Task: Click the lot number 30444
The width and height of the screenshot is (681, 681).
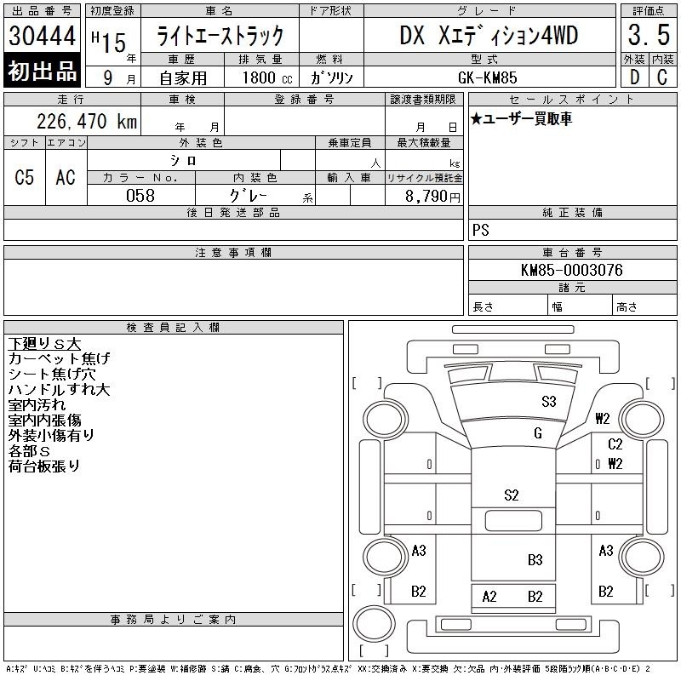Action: tap(42, 36)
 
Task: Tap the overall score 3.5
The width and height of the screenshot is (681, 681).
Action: tap(649, 35)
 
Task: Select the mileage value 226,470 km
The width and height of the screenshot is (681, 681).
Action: tap(87, 122)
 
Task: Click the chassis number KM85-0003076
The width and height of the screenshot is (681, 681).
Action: tap(571, 270)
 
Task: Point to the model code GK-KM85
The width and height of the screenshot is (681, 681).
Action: tap(487, 77)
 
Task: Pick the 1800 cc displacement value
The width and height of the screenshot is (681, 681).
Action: tap(267, 77)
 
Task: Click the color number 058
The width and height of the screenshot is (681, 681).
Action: tap(140, 196)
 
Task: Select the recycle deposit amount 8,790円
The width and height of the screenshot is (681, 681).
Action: tap(432, 197)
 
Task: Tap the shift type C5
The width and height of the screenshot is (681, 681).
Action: tap(25, 177)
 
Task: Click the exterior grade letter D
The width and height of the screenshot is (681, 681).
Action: tap(634, 77)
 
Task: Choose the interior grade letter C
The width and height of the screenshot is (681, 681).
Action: tap(662, 77)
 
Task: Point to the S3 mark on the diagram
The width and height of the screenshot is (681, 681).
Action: tap(548, 401)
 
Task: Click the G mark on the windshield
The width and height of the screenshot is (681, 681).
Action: tap(538, 433)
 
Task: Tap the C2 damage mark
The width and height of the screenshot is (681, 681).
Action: tap(615, 444)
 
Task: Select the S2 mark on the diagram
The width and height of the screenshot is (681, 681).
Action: tap(512, 495)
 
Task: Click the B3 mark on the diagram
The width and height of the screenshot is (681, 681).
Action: tap(535, 560)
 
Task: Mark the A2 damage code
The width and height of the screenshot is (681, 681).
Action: tap(489, 597)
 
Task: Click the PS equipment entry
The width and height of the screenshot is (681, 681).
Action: tap(481, 230)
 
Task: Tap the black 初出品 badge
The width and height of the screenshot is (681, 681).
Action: tap(42, 71)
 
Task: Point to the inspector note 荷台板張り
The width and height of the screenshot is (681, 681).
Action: tap(44, 466)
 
